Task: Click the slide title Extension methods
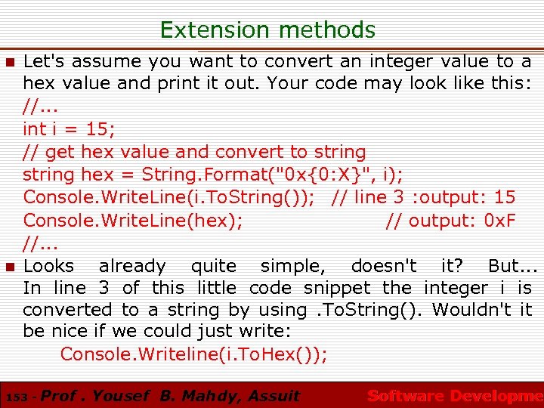(x=267, y=30)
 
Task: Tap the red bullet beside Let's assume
(x=9, y=62)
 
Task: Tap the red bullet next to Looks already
(x=9, y=267)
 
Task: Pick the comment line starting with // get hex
(x=194, y=152)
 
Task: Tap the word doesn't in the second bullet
(x=384, y=266)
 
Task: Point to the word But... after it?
(x=512, y=266)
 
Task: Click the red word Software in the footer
(x=405, y=396)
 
